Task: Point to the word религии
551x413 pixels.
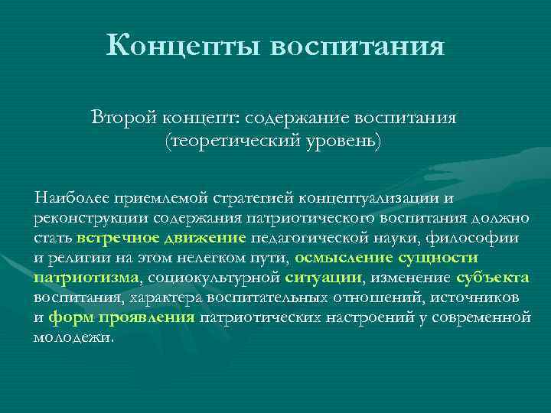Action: (x=75, y=258)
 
